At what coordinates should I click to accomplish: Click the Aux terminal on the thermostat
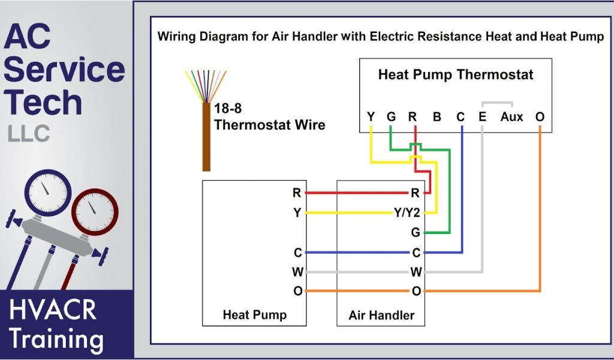[511, 117]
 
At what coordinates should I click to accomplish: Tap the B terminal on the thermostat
[437, 117]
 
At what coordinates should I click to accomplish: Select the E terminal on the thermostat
[482, 117]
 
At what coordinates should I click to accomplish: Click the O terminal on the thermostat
[540, 117]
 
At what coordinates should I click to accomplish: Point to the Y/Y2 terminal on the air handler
[408, 212]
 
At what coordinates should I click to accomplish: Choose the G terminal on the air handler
[415, 232]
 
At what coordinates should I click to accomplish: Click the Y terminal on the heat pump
[297, 212]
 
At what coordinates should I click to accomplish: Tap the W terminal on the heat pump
[297, 272]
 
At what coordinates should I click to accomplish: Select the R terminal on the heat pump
[297, 193]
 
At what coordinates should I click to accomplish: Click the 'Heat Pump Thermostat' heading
[455, 75]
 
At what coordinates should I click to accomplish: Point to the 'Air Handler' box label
[381, 315]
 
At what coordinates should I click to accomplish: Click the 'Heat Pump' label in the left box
[254, 315]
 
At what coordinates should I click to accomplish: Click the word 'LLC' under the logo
[29, 133]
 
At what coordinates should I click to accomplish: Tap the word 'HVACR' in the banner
[53, 310]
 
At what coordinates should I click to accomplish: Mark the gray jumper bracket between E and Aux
[497, 103]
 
